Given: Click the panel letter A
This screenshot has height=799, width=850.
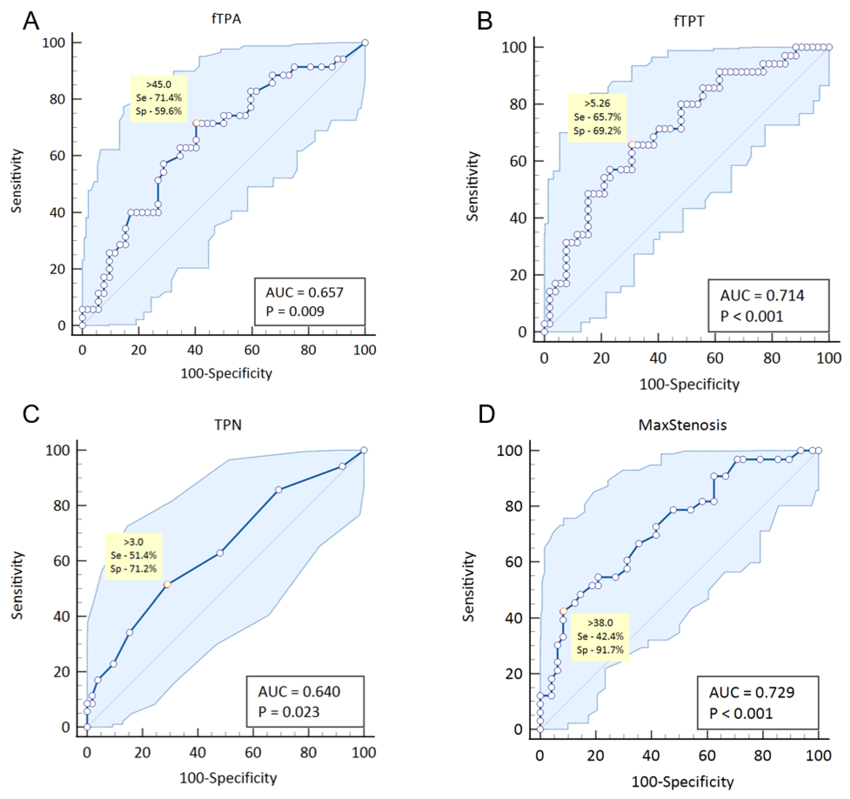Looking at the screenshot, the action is point(31,20).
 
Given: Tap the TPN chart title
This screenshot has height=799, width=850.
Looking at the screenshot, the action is point(228,425).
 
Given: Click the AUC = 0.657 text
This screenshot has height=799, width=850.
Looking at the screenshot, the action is point(304,292).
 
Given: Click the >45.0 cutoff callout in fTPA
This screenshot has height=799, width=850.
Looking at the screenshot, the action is point(159,99).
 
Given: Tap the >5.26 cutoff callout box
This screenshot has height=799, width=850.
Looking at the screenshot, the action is point(597,117).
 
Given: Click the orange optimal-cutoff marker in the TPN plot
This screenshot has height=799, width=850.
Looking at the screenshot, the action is point(167,585).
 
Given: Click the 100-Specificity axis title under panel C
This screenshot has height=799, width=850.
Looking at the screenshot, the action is point(228,778).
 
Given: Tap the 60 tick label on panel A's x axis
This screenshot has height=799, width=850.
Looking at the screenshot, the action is point(252,350).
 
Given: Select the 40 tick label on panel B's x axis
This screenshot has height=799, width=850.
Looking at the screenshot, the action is point(658,358).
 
